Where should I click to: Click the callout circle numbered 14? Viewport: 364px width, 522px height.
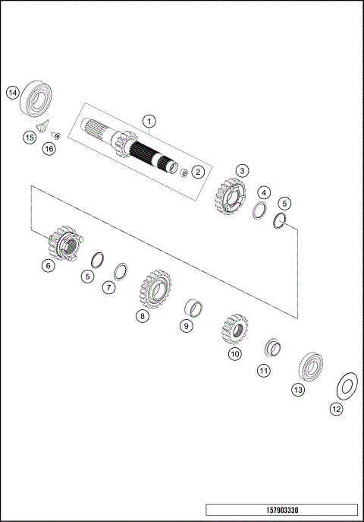click(12, 93)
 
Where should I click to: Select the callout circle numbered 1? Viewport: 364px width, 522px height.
click(150, 121)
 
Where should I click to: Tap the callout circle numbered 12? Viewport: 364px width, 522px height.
click(336, 408)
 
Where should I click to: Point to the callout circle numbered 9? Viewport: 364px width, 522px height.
click(186, 325)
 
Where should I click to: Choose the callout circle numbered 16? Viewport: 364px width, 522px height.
click(49, 149)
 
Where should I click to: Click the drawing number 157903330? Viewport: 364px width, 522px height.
click(281, 510)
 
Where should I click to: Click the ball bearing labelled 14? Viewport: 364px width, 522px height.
click(36, 96)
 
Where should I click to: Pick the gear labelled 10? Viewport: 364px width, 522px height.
click(234, 328)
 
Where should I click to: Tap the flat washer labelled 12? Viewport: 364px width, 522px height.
click(346, 385)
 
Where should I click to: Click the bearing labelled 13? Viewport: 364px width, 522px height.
click(310, 367)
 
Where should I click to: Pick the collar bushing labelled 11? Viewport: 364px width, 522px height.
click(272, 349)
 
